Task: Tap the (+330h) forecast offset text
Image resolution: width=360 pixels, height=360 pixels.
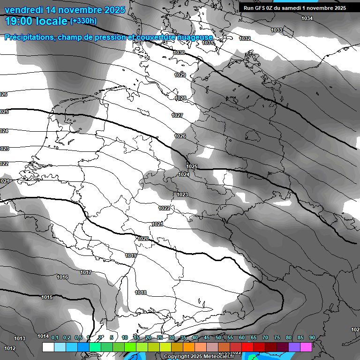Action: (83, 21)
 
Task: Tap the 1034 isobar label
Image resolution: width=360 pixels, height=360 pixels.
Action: (307, 18)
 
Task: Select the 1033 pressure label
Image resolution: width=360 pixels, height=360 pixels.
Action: (277, 30)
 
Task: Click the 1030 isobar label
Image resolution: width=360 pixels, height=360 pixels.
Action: (179, 53)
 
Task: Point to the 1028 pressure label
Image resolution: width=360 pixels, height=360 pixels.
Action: (180, 98)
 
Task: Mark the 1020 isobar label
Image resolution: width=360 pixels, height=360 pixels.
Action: (143, 239)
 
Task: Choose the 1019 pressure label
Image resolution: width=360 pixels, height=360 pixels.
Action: (131, 255)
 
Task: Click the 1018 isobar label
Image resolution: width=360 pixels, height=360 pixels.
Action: (141, 292)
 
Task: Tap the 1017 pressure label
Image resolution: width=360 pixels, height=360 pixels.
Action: (85, 272)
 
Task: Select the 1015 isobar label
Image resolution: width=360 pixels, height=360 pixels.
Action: (46, 297)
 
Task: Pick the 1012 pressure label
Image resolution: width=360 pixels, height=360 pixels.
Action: (10, 348)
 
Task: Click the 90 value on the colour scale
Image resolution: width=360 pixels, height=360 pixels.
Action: (312, 337)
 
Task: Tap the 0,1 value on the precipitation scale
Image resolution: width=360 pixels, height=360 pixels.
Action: (55, 337)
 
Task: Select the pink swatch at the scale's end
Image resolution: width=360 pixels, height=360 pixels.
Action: (306, 347)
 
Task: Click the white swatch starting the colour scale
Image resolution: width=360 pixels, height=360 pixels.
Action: (48, 347)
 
